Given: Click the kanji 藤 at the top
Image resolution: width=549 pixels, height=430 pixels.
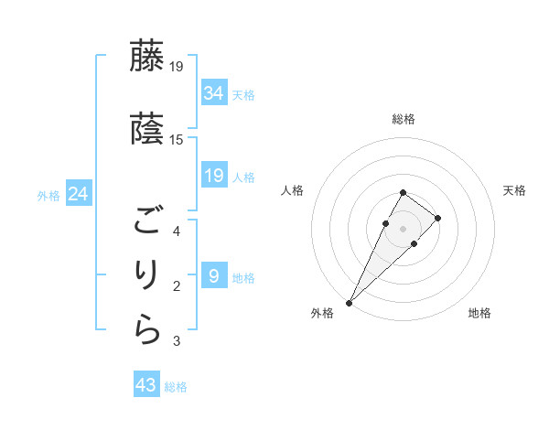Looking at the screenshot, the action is [x=148, y=56].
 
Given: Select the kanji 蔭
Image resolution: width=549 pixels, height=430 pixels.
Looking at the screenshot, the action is [x=148, y=129].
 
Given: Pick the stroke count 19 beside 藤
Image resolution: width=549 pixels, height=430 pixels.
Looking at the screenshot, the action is [x=177, y=66].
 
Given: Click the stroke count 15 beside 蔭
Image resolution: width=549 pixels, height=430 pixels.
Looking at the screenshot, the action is [x=177, y=139].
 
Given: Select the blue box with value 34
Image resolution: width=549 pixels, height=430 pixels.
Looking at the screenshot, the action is [x=214, y=92].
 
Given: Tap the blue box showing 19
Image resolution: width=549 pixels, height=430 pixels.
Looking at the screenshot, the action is [x=214, y=176].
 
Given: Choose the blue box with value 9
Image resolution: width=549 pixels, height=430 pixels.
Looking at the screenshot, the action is [x=214, y=275].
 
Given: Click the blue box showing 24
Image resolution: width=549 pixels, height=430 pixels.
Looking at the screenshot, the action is [x=79, y=194].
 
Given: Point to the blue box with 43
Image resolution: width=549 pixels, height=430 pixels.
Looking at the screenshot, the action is [x=146, y=385].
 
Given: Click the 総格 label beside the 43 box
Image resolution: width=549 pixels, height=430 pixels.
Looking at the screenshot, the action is [x=176, y=387].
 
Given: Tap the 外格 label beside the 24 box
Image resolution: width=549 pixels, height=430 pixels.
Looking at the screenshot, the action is [x=48, y=195].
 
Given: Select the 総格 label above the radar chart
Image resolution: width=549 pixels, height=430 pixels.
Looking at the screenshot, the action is [x=404, y=119].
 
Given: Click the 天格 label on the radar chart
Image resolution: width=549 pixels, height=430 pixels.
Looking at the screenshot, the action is [x=514, y=190].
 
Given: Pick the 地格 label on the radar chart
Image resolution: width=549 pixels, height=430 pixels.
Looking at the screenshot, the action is [x=479, y=313].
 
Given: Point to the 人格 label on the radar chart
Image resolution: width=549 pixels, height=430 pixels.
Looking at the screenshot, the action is [x=293, y=190].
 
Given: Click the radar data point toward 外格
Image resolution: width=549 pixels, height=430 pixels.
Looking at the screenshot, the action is [x=350, y=302].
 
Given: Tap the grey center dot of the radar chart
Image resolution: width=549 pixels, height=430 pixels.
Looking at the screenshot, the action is [x=403, y=227].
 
